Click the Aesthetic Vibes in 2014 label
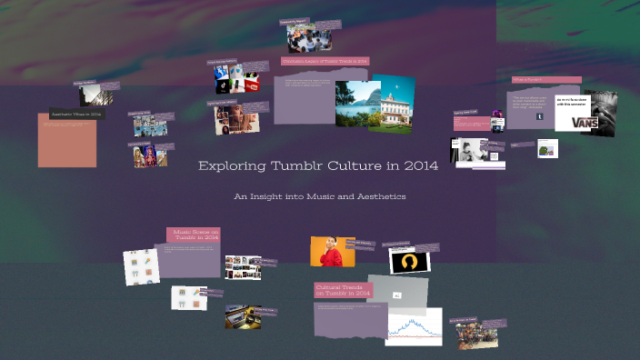(x=77, y=115)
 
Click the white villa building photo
(x=392, y=102)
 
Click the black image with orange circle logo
(x=409, y=261)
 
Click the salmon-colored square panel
(x=67, y=141)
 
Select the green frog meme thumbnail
(x=546, y=148)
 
